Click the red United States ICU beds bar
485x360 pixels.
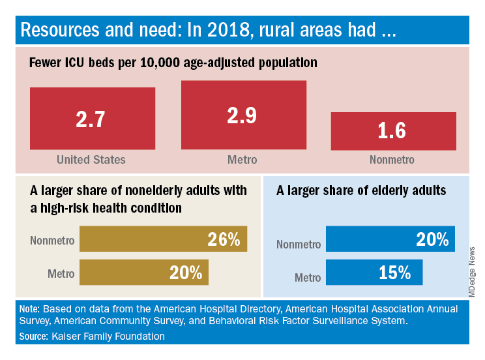(92, 119)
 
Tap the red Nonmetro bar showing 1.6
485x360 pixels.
(392, 131)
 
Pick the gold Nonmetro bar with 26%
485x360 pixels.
(163, 239)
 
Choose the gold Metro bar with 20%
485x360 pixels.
(143, 272)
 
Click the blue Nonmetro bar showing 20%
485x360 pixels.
(390, 239)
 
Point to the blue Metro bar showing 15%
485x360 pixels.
(374, 272)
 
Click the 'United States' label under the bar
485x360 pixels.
(91, 160)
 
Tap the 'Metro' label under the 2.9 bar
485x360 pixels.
(242, 160)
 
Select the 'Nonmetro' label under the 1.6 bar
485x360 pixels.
(392, 160)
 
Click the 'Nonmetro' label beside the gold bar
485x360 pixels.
(52, 240)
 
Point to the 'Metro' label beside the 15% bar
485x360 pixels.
(308, 277)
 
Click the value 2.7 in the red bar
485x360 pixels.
(92, 120)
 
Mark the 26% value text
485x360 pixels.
(224, 239)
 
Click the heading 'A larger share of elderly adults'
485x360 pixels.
(360, 190)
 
